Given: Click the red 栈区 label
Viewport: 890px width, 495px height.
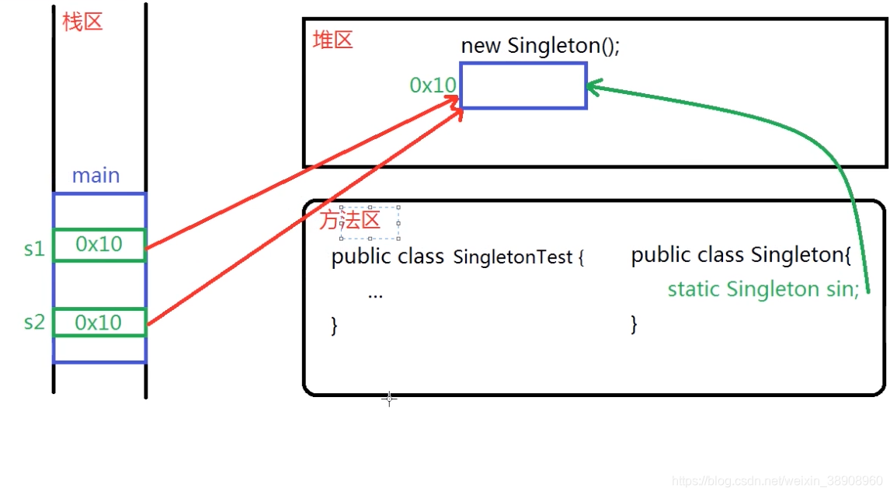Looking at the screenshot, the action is pyautogui.click(x=82, y=21).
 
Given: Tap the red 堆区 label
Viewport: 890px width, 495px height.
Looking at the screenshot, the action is pyautogui.click(x=332, y=40).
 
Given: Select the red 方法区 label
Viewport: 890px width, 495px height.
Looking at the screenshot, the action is pyautogui.click(x=349, y=220).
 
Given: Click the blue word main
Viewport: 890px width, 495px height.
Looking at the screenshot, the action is pyautogui.click(x=96, y=176).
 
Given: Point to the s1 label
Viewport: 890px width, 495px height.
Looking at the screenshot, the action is pyautogui.click(x=34, y=249).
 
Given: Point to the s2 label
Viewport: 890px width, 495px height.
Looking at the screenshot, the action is pyautogui.click(x=34, y=322).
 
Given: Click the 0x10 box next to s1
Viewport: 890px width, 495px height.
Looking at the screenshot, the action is pyautogui.click(x=99, y=245).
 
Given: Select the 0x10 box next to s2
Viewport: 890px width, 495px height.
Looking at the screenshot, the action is pyautogui.click(x=99, y=322).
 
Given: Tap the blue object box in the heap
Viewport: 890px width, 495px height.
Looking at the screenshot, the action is pyautogui.click(x=523, y=85).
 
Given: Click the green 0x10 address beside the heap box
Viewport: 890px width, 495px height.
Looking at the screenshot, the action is pyautogui.click(x=433, y=85).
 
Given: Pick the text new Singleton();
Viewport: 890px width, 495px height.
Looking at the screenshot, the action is pyautogui.click(x=541, y=46).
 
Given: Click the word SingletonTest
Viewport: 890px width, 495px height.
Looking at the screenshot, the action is pyautogui.click(x=513, y=257).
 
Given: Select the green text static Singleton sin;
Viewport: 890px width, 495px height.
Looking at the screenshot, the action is pyautogui.click(x=763, y=289).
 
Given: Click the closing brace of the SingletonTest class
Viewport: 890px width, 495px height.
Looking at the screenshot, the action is pyautogui.click(x=335, y=326).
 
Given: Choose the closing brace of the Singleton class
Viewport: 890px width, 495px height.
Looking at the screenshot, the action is pyautogui.click(x=634, y=323).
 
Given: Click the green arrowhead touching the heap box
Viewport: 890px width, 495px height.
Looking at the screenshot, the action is pyautogui.click(x=594, y=86).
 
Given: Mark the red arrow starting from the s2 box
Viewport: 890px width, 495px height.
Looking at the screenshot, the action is pyautogui.click(x=303, y=218).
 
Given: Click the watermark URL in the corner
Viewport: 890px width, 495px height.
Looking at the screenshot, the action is pyautogui.click(x=777, y=481).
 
